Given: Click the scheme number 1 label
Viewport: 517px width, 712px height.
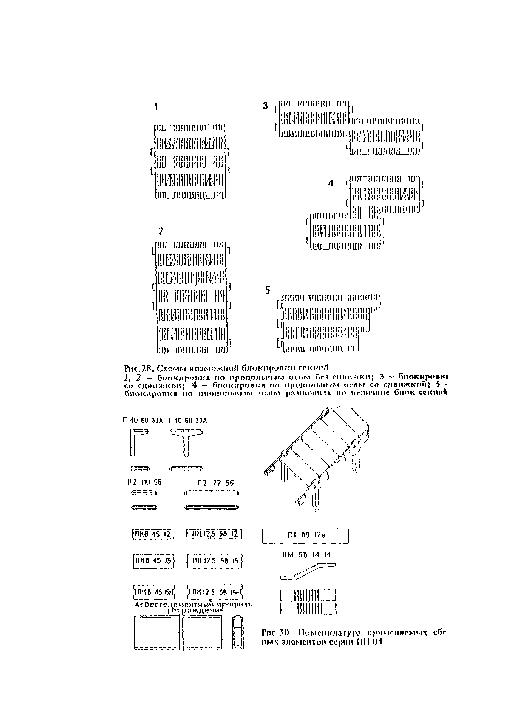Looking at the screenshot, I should coord(156,107).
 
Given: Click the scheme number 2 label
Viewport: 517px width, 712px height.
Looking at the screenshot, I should coord(161,231).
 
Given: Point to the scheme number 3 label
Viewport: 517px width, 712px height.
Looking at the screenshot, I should coord(265,106).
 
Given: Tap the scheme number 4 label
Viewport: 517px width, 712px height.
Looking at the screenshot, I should coord(331,184).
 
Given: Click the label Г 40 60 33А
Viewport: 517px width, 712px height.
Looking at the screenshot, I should coord(143,421).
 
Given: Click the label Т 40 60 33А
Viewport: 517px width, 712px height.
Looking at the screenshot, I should coord(187,421).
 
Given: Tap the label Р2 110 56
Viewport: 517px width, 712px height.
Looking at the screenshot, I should coord(143,482).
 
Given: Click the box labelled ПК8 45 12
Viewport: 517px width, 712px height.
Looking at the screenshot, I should coord(153,534).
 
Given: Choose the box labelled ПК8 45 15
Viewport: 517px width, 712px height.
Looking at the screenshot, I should coord(154,561).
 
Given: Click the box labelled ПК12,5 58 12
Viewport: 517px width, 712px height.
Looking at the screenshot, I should coord(215,534).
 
